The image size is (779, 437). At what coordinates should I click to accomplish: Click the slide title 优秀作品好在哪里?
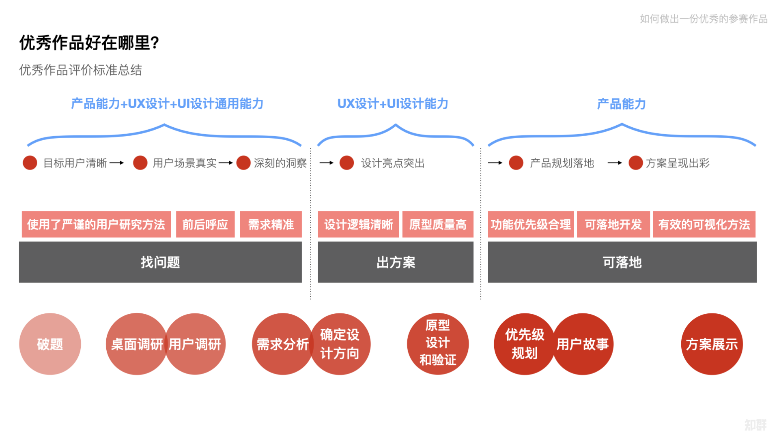89,43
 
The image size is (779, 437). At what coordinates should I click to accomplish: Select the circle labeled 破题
50,344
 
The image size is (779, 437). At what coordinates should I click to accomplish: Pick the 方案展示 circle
712,344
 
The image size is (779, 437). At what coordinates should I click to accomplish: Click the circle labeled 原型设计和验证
438,343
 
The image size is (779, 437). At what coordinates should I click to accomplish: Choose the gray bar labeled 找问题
160,262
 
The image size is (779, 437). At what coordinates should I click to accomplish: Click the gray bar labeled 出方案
396,262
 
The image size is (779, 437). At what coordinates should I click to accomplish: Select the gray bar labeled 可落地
622,262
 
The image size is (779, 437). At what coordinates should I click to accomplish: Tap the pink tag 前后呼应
205,224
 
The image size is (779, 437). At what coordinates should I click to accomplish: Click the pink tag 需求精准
271,224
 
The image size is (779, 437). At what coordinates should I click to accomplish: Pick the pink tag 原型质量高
438,224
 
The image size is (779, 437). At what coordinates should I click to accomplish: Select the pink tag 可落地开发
613,224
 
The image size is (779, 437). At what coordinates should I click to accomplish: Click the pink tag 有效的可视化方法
704,224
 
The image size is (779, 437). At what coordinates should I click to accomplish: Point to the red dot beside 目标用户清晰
30,163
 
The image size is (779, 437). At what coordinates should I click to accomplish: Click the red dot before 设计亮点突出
347,163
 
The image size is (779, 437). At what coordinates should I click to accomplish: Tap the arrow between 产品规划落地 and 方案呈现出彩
615,163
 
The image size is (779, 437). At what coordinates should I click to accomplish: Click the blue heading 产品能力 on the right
621,104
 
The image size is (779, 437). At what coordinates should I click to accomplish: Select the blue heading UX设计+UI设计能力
393,104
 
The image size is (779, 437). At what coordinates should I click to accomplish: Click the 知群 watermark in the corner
755,425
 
